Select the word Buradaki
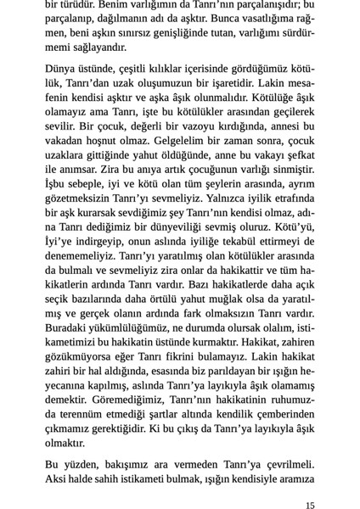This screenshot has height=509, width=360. pos(67,330)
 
